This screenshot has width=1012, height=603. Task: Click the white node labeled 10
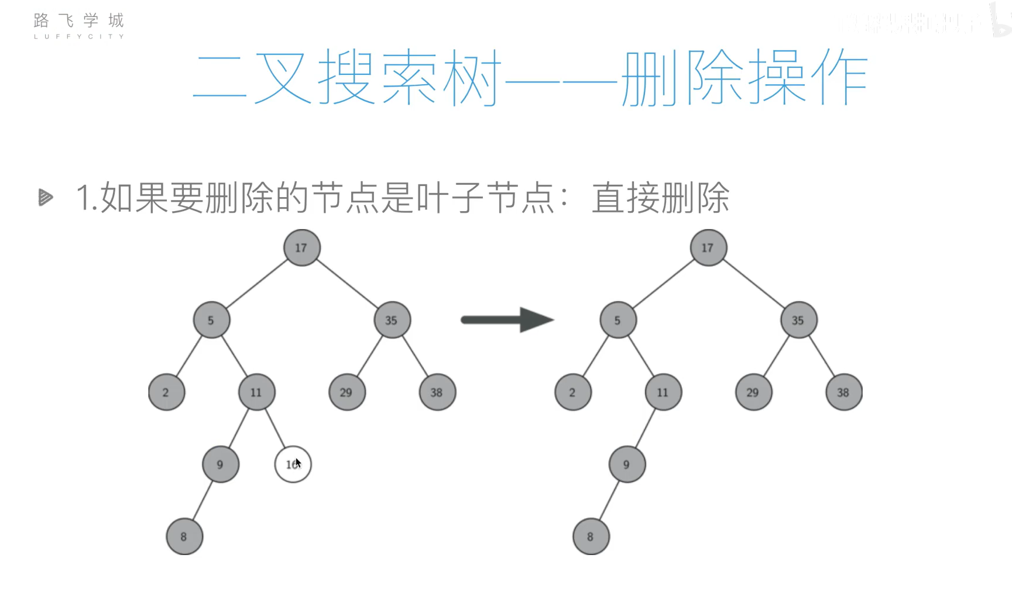click(293, 464)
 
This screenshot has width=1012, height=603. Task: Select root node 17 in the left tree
click(301, 248)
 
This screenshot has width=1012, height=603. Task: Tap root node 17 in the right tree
click(708, 248)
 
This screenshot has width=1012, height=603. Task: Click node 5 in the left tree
click(211, 320)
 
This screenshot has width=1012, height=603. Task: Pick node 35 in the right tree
click(798, 320)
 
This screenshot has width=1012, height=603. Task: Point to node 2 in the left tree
click(166, 392)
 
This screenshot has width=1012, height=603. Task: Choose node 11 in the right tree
click(663, 392)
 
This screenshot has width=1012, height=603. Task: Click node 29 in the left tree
click(347, 392)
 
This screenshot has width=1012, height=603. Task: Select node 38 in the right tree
click(843, 392)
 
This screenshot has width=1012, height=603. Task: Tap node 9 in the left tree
click(220, 464)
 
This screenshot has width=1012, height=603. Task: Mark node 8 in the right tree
click(591, 536)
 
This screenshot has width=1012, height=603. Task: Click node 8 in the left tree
click(184, 536)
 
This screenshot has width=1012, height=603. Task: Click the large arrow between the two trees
click(507, 319)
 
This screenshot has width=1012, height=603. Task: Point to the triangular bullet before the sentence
click(45, 198)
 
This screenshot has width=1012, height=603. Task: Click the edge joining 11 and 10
click(275, 429)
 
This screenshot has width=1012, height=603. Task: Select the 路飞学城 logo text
click(78, 22)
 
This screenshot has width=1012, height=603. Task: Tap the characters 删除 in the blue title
click(683, 78)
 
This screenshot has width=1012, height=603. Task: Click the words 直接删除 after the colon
click(660, 198)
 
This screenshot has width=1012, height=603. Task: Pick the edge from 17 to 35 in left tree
click(347, 284)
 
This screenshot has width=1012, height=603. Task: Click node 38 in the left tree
click(437, 392)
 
